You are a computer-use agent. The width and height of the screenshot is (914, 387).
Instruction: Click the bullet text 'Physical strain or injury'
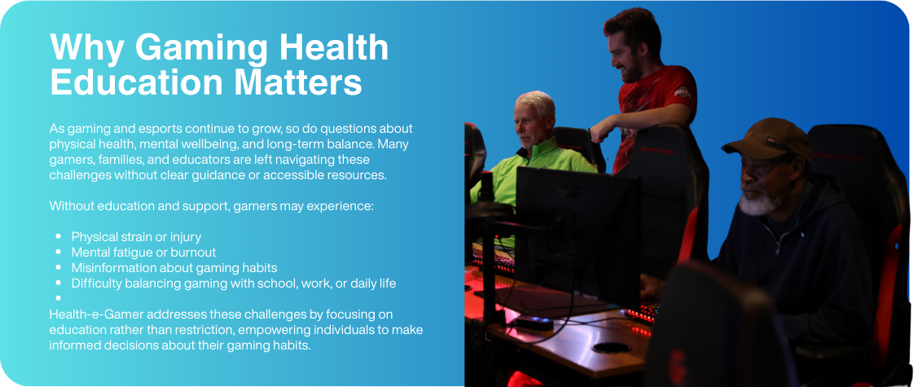coord(136,237)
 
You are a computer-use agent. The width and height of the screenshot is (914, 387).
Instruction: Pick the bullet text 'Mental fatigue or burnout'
coord(143,253)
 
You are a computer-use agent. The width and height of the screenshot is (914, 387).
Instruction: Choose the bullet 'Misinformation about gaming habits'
coord(174,267)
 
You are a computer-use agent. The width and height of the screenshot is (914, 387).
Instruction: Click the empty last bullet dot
coord(59,298)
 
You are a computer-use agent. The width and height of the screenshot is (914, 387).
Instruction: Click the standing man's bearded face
coord(626,56)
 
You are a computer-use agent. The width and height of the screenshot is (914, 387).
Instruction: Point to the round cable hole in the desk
coord(611,347)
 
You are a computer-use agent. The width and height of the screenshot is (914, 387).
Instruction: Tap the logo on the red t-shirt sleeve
coord(682,92)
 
